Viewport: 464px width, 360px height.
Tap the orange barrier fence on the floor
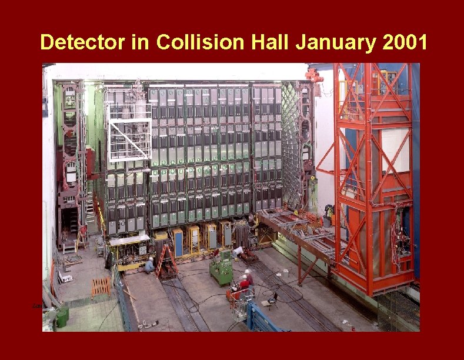[101, 287]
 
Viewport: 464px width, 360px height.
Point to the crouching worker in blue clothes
[150, 265]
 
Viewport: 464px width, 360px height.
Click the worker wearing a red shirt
[245, 282]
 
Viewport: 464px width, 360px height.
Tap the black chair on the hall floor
[272, 300]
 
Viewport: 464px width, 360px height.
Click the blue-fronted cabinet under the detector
[178, 242]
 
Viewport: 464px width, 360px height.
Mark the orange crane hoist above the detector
[314, 75]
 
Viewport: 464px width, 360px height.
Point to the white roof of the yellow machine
[129, 239]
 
